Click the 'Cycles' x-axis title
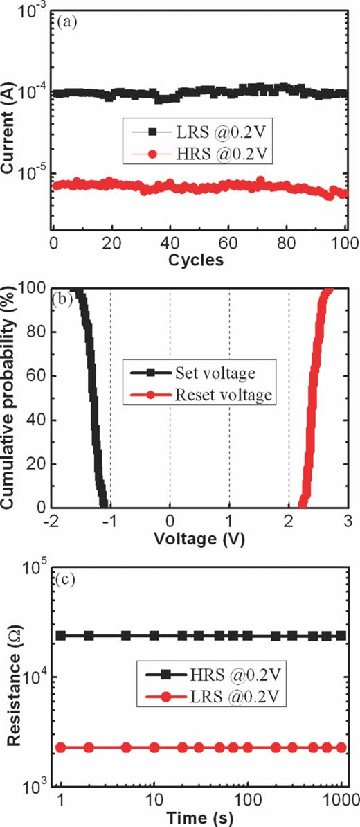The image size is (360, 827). point(199,261)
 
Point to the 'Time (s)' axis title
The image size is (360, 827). point(201,817)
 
